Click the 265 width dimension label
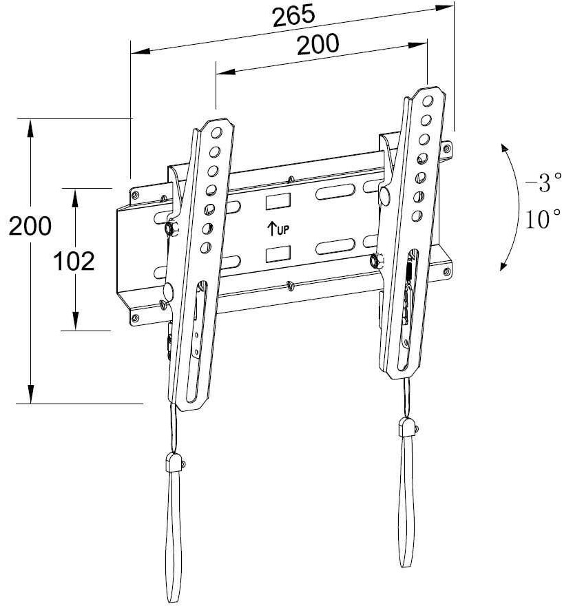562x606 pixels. (293, 16)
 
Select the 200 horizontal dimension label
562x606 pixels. (318, 44)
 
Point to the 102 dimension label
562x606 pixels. (74, 261)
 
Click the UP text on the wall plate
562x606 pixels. (283, 230)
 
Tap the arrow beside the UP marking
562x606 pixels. (271, 229)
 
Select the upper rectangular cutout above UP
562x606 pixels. (278, 201)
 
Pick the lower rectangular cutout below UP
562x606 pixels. (278, 252)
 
